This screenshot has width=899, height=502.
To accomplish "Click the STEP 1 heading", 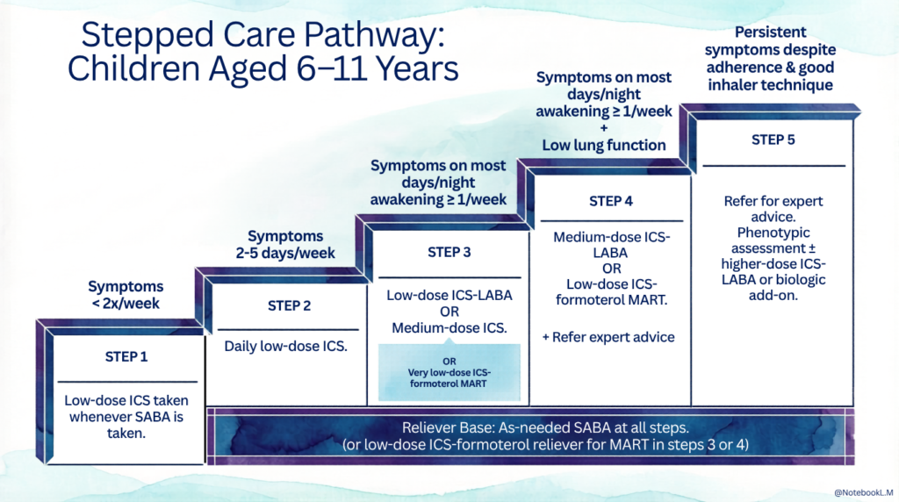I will [x=126, y=357].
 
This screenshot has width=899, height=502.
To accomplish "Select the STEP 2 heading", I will [x=289, y=306].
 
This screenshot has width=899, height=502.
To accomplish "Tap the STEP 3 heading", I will [x=449, y=253].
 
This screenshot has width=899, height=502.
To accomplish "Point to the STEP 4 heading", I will [x=611, y=201].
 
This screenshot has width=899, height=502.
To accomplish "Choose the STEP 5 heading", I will [x=773, y=140].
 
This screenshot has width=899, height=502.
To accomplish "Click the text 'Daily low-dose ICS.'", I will [x=286, y=346].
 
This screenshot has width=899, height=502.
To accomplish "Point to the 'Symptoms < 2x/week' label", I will [x=126, y=295].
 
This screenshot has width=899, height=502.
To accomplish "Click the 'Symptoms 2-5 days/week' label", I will [x=285, y=244].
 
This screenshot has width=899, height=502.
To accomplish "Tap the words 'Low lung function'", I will [x=604, y=145].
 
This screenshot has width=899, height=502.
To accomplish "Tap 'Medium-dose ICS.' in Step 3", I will [x=449, y=329].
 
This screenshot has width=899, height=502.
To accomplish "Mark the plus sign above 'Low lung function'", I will [x=604, y=128].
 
